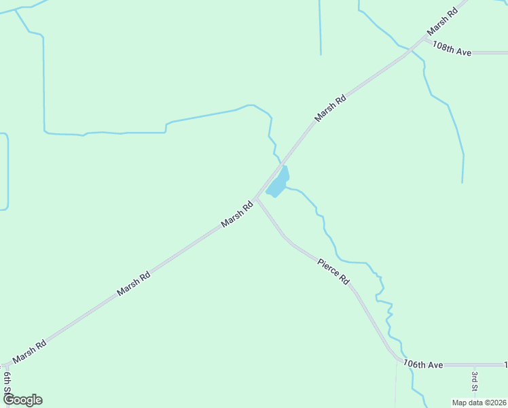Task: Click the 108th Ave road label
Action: click(452, 50)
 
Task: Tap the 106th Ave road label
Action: click(422, 364)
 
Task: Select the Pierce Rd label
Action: click(333, 270)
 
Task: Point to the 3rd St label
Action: click(475, 380)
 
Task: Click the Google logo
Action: click(22, 400)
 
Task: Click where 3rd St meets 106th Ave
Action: click(475, 365)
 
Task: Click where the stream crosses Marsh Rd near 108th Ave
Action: click(410, 49)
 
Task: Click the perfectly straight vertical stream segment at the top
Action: click(320, 27)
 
